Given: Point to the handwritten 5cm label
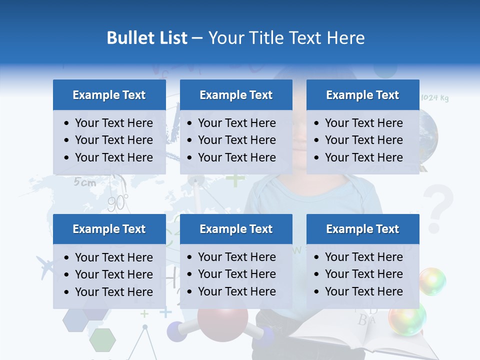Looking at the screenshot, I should (85, 182).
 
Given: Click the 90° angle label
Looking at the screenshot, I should (118, 202).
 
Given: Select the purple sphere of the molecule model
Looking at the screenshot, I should (175, 330).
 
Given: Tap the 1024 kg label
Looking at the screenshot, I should (434, 98).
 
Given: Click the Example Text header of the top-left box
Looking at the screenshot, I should (109, 95).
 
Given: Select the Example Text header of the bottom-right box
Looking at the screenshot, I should (362, 229).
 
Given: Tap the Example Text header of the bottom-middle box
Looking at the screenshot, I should (236, 229).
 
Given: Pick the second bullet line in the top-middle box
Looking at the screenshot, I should (236, 140).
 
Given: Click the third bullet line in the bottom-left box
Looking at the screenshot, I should (113, 291).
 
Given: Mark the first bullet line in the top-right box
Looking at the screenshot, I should (363, 123).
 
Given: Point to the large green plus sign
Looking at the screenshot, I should (234, 179).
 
